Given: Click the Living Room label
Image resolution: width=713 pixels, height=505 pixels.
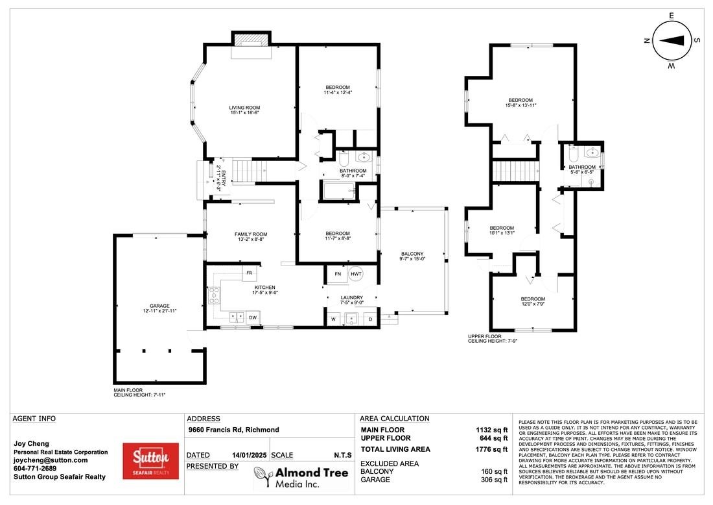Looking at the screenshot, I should (244, 110).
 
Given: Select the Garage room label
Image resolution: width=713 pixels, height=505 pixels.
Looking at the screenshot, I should (159, 308).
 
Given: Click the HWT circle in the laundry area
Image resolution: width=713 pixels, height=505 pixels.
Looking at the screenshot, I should (356, 274).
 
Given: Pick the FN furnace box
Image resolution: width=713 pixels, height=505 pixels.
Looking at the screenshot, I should (337, 274).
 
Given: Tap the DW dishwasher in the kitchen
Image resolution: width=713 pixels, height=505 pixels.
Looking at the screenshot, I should (253, 317).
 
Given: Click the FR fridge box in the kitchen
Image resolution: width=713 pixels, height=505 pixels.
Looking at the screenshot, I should (250, 274).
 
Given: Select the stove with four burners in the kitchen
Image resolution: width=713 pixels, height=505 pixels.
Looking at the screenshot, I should (214, 296).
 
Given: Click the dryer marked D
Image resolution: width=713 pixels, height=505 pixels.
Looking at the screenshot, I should (371, 319).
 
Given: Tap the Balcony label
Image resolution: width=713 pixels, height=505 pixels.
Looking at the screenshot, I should (412, 256).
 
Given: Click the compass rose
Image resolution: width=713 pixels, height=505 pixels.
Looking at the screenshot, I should (671, 40).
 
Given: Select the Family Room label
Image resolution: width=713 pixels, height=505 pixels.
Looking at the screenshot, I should (251, 237).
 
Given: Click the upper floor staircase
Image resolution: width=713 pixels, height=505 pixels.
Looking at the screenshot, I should (516, 171).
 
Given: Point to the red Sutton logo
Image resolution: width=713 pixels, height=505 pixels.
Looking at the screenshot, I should (150, 461).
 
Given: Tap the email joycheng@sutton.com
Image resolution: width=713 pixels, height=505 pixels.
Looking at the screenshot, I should (51, 460).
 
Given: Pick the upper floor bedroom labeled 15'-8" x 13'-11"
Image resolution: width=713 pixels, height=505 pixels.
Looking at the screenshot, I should (520, 103).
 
